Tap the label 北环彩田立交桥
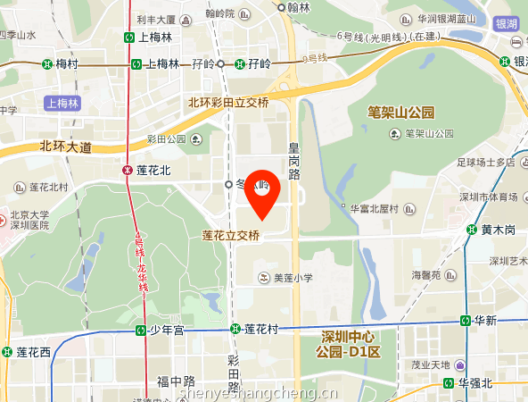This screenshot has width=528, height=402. click(x=227, y=103)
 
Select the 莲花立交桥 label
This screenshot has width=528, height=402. click(x=231, y=237)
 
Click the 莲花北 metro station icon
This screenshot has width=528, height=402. click(x=128, y=170)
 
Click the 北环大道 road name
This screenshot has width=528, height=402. click(x=65, y=147)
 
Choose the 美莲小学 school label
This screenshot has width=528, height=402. click(x=293, y=278)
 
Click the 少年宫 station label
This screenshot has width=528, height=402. click(x=166, y=330)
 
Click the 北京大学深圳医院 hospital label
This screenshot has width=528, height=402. click(x=29, y=221)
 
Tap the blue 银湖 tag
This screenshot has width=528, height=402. click(x=507, y=24)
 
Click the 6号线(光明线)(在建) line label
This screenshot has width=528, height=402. click(x=391, y=37)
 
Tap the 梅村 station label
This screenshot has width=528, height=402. click(x=67, y=63)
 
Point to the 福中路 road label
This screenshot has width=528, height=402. click(x=175, y=381)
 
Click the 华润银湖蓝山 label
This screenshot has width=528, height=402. click(x=452, y=18)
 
